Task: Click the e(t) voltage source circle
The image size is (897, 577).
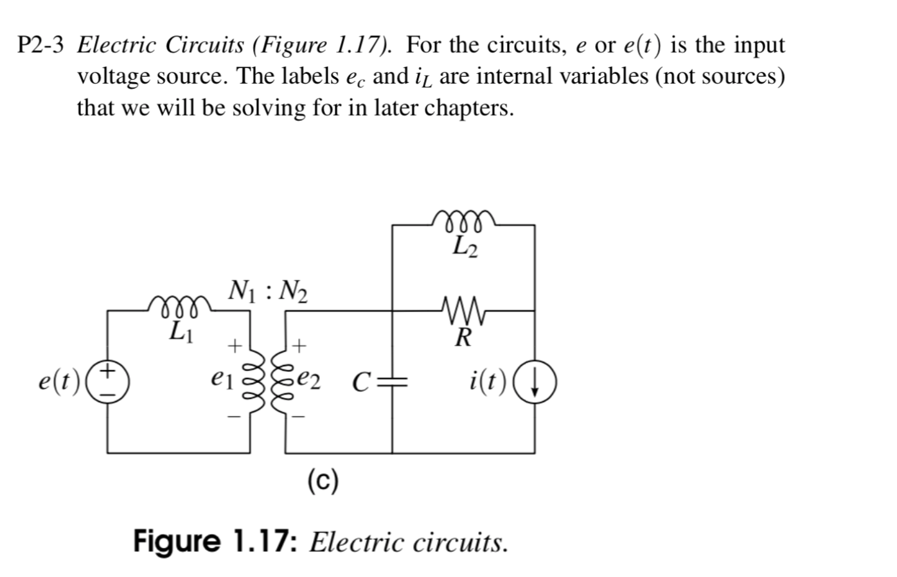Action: (x=108, y=381)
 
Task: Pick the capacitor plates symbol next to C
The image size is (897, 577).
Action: (x=392, y=382)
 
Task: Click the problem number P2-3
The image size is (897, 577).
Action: (x=41, y=46)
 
